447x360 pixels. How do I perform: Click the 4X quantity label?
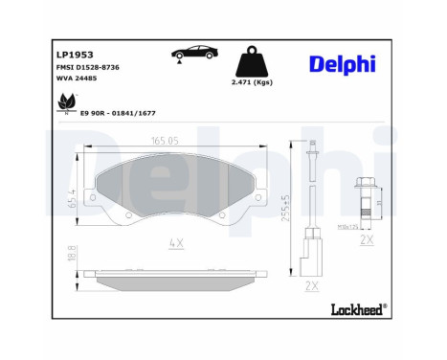click(x=174, y=244)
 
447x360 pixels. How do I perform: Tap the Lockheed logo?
click(x=356, y=308)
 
